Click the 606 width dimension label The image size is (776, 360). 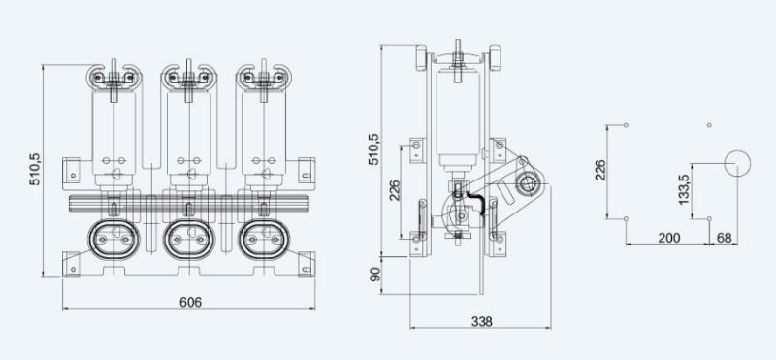click(190, 302)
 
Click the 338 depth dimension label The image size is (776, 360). click(481, 322)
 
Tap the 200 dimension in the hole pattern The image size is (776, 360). click(669, 238)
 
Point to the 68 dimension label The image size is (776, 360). click(724, 238)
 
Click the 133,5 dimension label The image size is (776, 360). click(684, 188)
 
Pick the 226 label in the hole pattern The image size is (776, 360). click(599, 171)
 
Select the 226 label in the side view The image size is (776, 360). click(395, 190)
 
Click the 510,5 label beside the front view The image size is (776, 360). click(35, 170)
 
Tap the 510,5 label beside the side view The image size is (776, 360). click(374, 149)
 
